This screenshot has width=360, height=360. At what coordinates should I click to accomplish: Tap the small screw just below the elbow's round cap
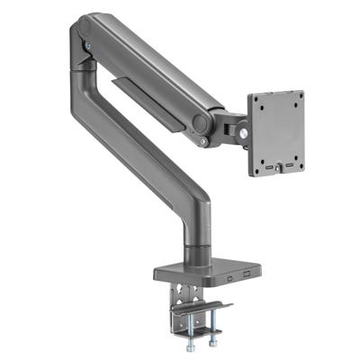pyautogui.click(x=204, y=140)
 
